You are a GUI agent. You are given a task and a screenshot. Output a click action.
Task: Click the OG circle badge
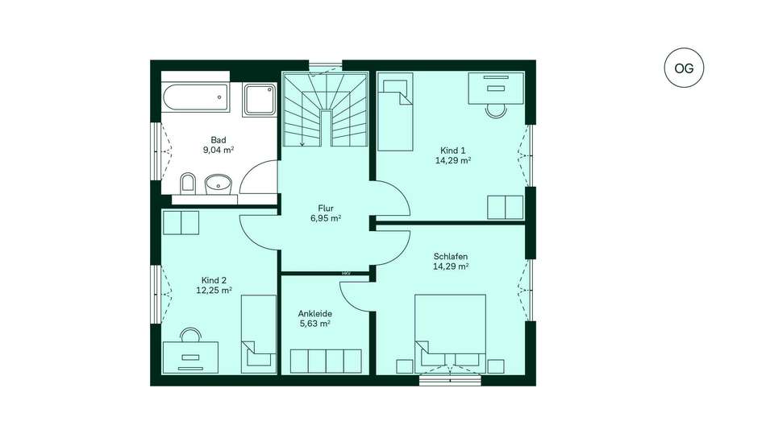(x=684, y=68)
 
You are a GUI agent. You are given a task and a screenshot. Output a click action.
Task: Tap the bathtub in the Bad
(x=196, y=97)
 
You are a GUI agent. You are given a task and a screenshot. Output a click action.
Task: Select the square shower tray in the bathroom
(x=260, y=99)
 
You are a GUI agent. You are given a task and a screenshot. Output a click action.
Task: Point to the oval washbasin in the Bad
(x=218, y=184)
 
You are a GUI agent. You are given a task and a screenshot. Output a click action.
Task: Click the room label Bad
(x=219, y=140)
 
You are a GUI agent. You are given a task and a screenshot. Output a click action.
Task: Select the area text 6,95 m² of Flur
(x=326, y=218)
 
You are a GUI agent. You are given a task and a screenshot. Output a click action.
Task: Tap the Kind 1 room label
(x=453, y=151)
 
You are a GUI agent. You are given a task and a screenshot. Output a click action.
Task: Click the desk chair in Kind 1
(x=497, y=111)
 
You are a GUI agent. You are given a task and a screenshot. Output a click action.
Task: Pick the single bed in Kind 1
(x=395, y=112)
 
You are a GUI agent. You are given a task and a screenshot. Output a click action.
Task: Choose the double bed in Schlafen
(x=450, y=334)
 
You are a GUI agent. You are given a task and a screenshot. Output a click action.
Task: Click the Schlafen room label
(x=451, y=256)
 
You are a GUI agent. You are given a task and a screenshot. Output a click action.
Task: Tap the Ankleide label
(x=315, y=313)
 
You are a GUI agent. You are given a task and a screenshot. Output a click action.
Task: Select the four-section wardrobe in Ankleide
(x=326, y=361)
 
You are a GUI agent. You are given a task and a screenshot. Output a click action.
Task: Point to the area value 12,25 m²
(x=214, y=290)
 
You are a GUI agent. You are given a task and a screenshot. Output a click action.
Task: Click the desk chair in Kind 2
(x=190, y=335)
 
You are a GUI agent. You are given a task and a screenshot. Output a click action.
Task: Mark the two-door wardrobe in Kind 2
(x=181, y=222)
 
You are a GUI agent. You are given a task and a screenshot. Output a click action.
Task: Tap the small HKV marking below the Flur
(x=347, y=273)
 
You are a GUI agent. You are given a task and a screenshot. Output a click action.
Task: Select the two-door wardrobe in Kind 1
(x=505, y=208)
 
